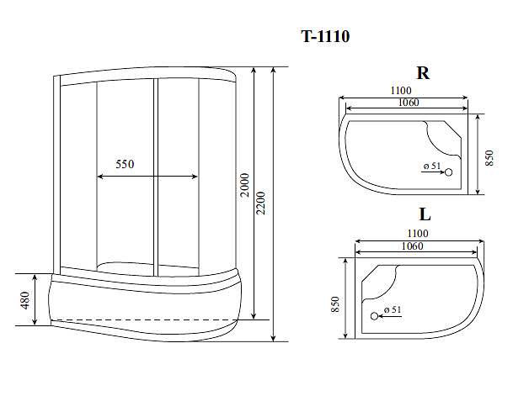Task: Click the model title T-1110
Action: pyautogui.click(x=325, y=36)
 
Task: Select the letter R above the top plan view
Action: pyautogui.click(x=423, y=73)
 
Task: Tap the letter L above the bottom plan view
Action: pyautogui.click(x=425, y=214)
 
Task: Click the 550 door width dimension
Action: pyautogui.click(x=125, y=164)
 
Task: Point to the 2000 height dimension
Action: pyautogui.click(x=245, y=185)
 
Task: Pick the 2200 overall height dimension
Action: pyautogui.click(x=261, y=203)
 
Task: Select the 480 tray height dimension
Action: pyautogui.click(x=25, y=300)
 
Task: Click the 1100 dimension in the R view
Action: pyautogui.click(x=401, y=91)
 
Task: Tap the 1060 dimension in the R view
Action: pyautogui.click(x=409, y=103)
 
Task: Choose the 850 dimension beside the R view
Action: pyautogui.click(x=489, y=158)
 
